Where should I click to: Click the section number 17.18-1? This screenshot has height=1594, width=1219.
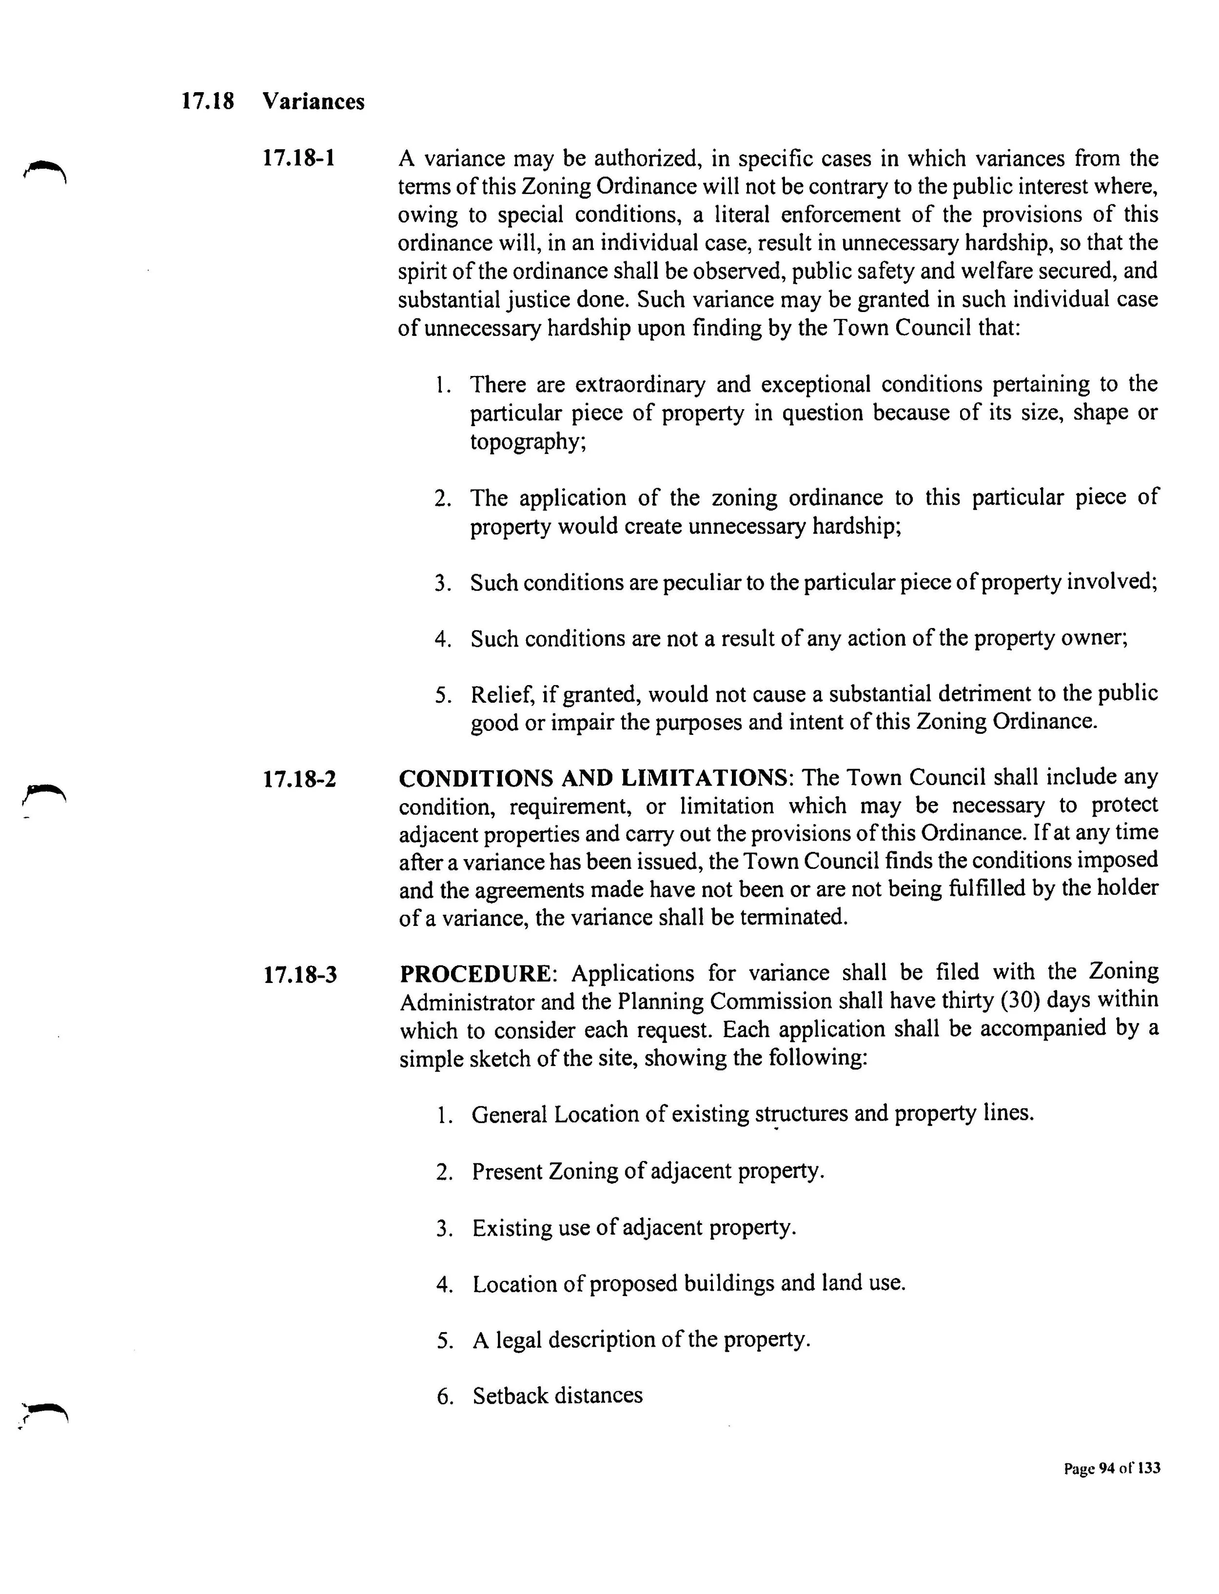click(299, 158)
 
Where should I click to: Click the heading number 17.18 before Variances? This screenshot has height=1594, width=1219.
click(208, 101)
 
